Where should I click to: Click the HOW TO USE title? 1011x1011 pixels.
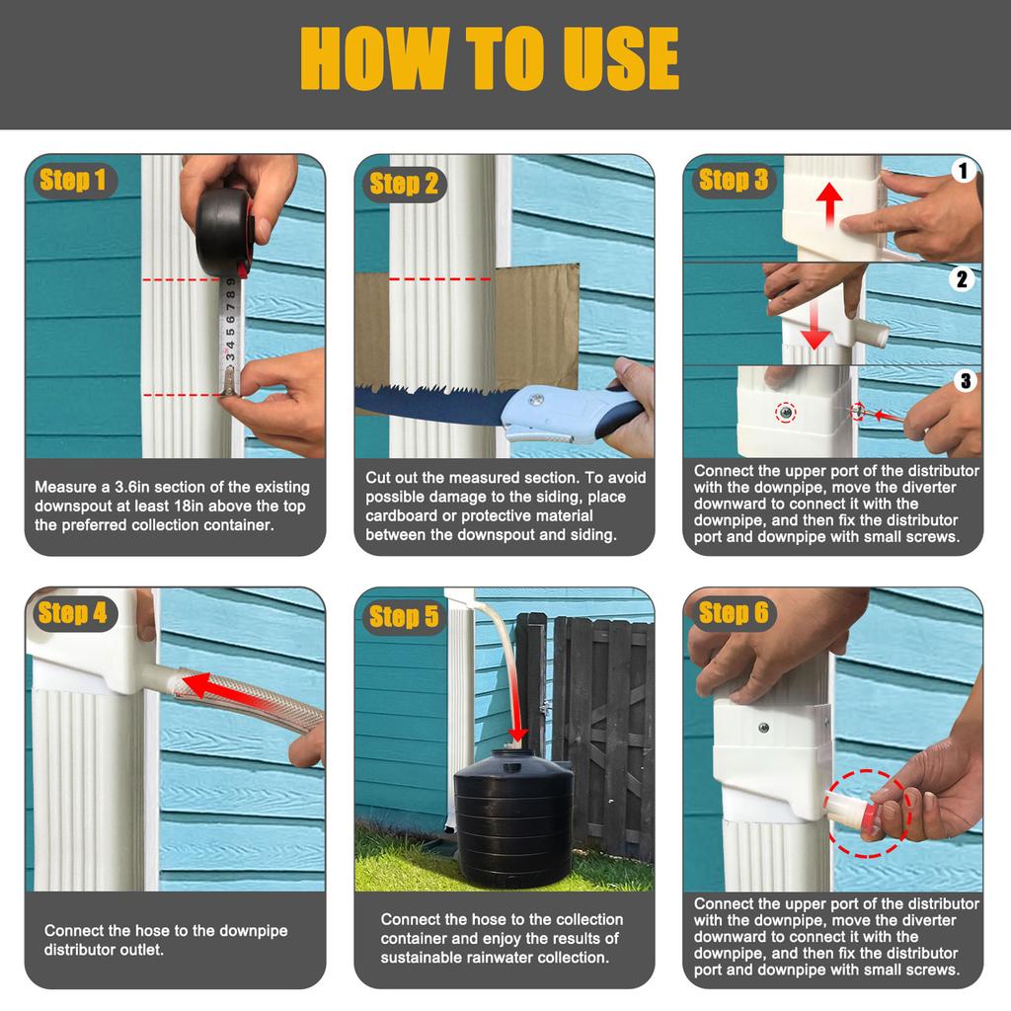click(x=490, y=58)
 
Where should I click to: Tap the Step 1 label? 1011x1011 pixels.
click(x=72, y=180)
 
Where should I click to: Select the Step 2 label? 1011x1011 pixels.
click(x=403, y=184)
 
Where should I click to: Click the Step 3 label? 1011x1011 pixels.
click(x=732, y=180)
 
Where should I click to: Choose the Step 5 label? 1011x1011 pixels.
click(x=403, y=617)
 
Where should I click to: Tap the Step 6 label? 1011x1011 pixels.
click(x=732, y=612)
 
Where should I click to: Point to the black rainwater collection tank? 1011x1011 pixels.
click(x=512, y=815)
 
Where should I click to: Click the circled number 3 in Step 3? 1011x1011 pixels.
click(x=965, y=380)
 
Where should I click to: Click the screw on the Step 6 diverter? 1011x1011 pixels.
click(x=763, y=728)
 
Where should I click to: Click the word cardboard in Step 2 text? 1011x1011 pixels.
click(x=399, y=516)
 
